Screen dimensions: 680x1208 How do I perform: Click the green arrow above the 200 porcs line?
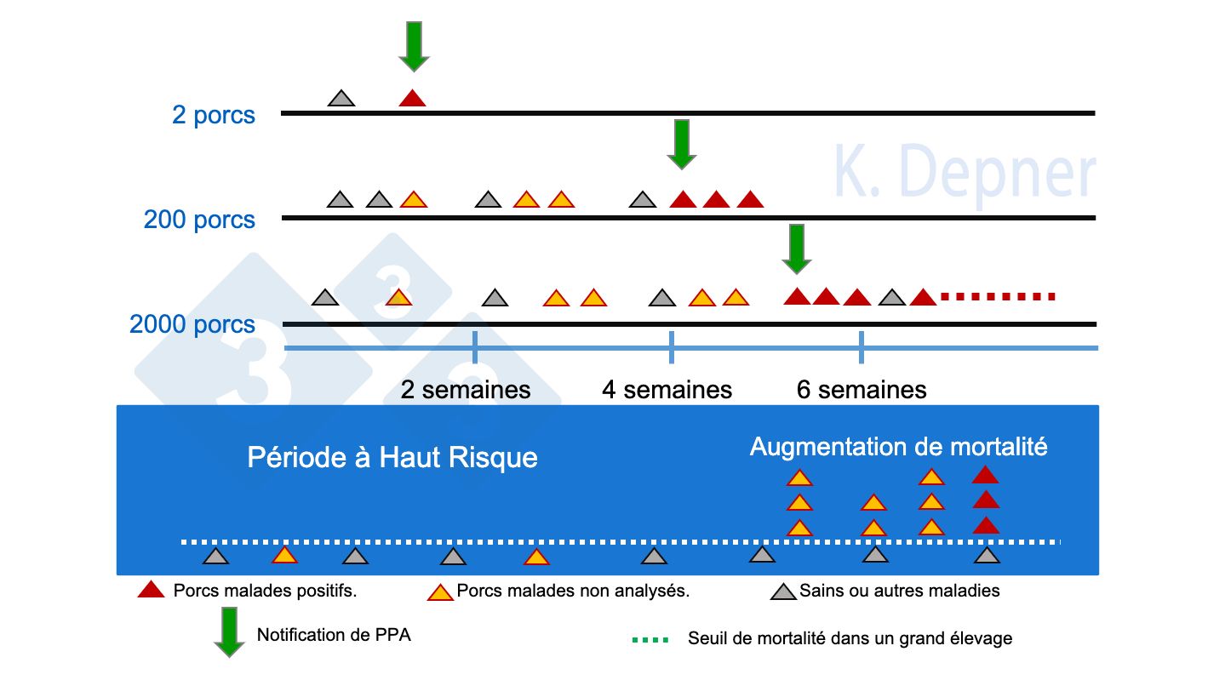[x=681, y=144]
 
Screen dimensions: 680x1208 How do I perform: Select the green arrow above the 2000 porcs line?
[x=797, y=249]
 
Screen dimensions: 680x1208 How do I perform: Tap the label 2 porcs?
[x=214, y=115]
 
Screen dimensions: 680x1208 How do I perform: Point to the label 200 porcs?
[x=199, y=220]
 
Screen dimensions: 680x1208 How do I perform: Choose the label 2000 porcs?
[x=192, y=325]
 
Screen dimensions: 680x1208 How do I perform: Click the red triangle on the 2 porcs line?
[x=412, y=99]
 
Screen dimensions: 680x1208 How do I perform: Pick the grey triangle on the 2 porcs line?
[x=341, y=99]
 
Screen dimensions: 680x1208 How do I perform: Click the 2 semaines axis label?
[x=466, y=390]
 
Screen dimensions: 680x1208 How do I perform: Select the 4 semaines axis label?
[x=667, y=390]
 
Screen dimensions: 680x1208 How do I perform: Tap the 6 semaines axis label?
[x=862, y=390]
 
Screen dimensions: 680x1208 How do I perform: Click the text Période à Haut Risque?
[x=392, y=458]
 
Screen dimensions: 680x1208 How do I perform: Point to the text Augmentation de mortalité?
[x=898, y=447]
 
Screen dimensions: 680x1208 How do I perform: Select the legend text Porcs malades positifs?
[x=265, y=591]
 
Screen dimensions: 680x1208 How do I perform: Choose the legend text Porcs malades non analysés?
[x=573, y=591]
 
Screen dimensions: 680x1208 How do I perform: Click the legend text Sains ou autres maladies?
[x=899, y=591]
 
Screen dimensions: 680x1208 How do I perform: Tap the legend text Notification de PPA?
[x=334, y=635]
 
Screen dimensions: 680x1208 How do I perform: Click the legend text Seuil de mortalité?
[x=850, y=638]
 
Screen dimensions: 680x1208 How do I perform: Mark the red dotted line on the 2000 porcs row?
[x=998, y=297]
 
